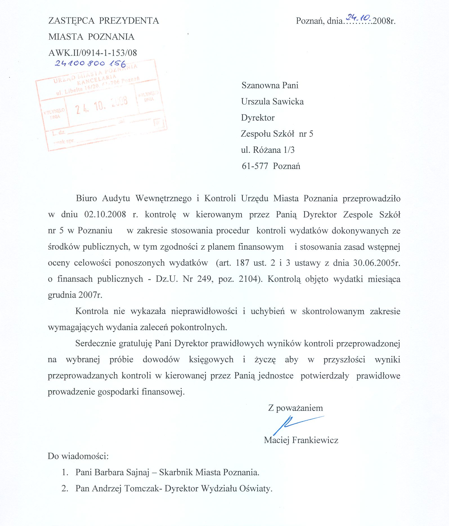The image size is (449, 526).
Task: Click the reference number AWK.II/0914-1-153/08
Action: point(93,53)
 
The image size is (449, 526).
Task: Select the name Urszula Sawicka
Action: point(272,101)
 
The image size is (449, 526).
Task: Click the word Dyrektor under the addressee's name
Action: point(258,118)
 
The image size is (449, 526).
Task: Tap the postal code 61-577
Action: point(255,166)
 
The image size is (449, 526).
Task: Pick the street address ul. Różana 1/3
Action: point(268,150)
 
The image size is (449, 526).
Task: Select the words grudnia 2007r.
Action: point(75,295)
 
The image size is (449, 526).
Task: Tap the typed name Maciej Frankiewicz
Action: point(301,440)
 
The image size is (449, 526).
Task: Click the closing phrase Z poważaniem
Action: point(295,408)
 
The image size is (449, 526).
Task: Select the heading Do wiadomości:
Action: point(78,456)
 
